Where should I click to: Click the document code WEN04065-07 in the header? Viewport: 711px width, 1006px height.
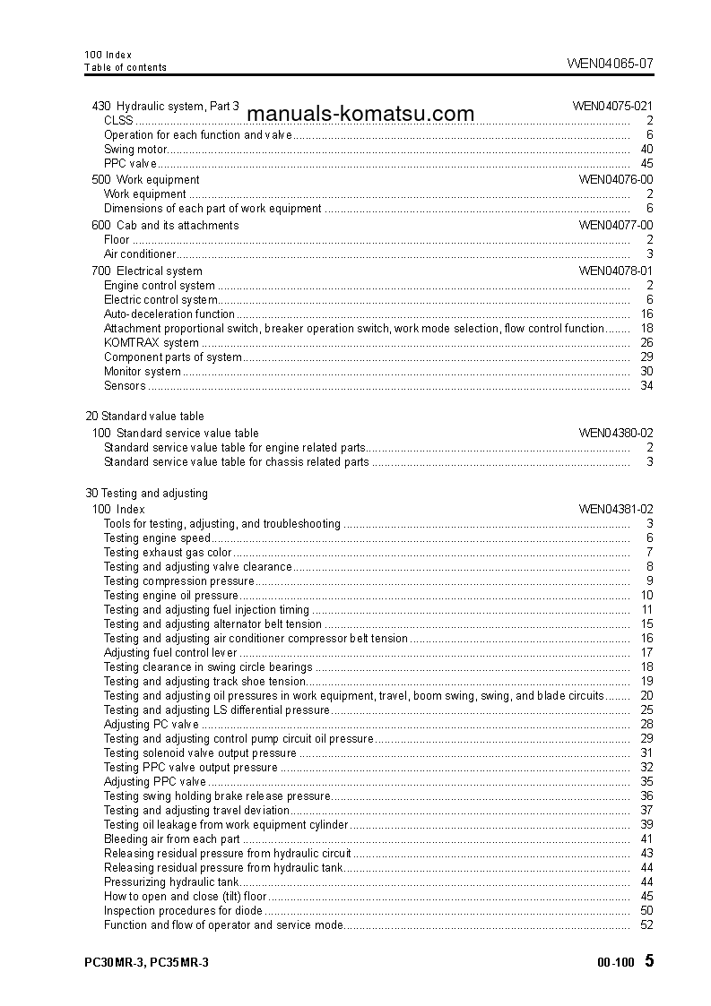point(610,63)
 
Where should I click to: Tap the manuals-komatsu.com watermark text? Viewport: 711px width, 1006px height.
point(360,114)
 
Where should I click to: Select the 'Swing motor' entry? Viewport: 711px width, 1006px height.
point(135,150)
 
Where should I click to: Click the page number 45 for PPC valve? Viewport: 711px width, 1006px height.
point(646,164)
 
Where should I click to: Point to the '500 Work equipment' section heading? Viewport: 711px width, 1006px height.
point(146,180)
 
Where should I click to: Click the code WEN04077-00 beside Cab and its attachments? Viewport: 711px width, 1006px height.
point(615,226)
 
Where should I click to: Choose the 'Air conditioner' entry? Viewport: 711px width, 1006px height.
point(140,254)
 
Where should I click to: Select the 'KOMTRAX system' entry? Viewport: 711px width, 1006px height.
point(152,343)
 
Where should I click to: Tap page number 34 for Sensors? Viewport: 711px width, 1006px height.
point(646,386)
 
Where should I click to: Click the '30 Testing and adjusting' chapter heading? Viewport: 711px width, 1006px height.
point(146,494)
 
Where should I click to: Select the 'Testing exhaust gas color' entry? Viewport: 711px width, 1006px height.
point(168,553)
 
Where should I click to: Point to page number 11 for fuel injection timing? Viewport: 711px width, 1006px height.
point(646,610)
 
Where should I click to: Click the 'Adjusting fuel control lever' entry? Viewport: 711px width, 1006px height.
point(170,653)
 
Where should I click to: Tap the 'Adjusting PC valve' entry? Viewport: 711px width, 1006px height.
point(152,725)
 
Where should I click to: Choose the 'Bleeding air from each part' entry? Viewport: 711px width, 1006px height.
point(172,839)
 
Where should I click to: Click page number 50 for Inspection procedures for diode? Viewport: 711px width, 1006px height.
point(646,911)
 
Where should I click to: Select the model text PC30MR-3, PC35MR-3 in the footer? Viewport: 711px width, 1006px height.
point(146,962)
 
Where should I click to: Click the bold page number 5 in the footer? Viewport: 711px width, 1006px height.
point(649,961)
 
